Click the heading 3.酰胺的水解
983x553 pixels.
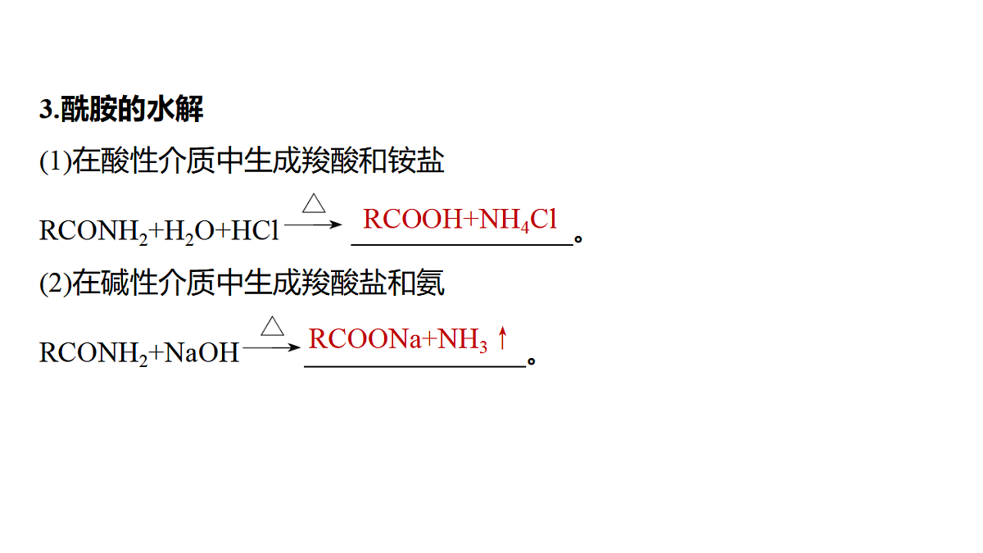[121, 109]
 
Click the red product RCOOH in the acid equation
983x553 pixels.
[413, 219]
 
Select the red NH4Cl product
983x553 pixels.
[519, 220]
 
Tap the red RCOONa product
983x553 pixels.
[365, 339]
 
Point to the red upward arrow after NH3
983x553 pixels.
[502, 338]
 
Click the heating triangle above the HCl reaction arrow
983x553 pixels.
[314, 203]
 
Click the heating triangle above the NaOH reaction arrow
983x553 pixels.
[273, 326]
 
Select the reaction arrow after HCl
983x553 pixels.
[313, 224]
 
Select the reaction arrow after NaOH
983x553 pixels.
[272, 347]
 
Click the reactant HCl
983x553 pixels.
[255, 230]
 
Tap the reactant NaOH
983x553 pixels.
[202, 352]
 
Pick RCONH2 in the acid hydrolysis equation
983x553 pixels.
[93, 231]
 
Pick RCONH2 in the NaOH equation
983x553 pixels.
[93, 353]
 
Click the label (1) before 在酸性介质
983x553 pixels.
[56, 161]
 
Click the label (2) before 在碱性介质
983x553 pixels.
[56, 283]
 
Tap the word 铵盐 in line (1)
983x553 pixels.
[416, 161]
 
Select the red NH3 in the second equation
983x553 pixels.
[463, 340]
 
